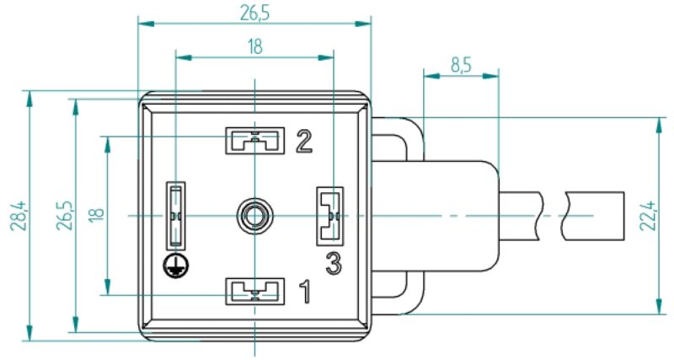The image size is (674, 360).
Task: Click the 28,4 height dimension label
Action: click(x=19, y=216)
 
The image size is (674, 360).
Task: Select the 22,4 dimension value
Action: click(x=647, y=216)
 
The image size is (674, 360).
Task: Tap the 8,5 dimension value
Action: click(x=461, y=66)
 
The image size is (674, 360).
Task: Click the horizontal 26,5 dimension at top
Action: click(x=255, y=13)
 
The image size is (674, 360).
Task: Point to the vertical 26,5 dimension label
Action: click(x=66, y=216)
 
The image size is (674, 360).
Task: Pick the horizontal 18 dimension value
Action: click(x=255, y=46)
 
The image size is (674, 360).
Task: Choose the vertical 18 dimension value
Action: click(x=97, y=215)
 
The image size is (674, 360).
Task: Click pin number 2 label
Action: click(x=304, y=142)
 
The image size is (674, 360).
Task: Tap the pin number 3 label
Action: click(x=334, y=263)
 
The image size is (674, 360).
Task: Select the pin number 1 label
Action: click(x=305, y=291)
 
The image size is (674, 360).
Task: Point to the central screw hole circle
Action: click(x=255, y=215)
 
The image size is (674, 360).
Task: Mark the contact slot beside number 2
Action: click(x=255, y=141)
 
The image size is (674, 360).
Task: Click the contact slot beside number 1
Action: click(x=255, y=291)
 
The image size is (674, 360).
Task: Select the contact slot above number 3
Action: click(x=329, y=216)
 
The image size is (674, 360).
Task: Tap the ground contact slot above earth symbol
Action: click(x=176, y=216)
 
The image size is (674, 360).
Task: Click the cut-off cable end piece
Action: click(x=593, y=216)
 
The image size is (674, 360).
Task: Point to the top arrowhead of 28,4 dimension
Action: click(x=29, y=98)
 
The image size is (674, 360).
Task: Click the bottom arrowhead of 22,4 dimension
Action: click(x=659, y=306)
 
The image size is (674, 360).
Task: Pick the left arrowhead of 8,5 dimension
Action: click(x=431, y=76)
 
